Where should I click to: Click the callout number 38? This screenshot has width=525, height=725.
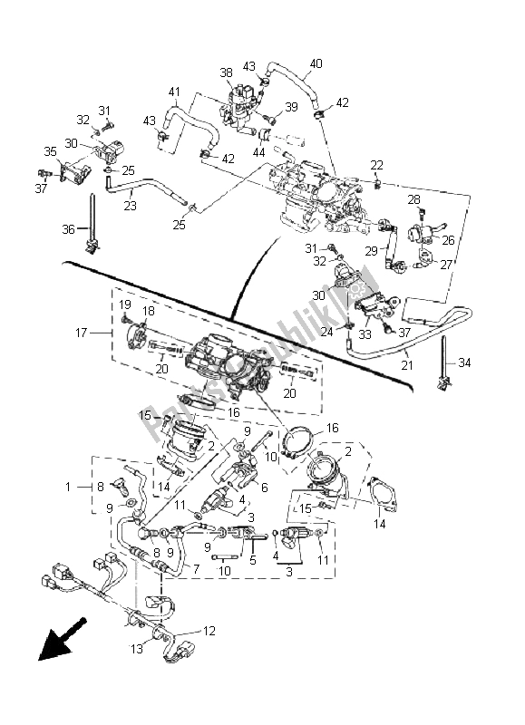pos(225,72)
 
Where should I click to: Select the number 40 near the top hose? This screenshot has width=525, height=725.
pos(316,63)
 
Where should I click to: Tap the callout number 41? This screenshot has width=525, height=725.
pos(174,92)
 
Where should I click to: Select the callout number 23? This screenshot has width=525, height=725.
pos(130,206)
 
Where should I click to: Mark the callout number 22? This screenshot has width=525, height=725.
pos(376,164)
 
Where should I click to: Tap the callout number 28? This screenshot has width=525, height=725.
pos(413,198)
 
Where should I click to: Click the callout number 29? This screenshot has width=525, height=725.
pos(371,250)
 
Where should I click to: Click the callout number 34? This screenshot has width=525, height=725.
pos(465,363)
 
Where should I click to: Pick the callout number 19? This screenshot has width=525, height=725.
pos(125,304)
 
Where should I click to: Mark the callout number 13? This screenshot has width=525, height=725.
pos(138,648)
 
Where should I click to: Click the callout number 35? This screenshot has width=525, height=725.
pos(50,151)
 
